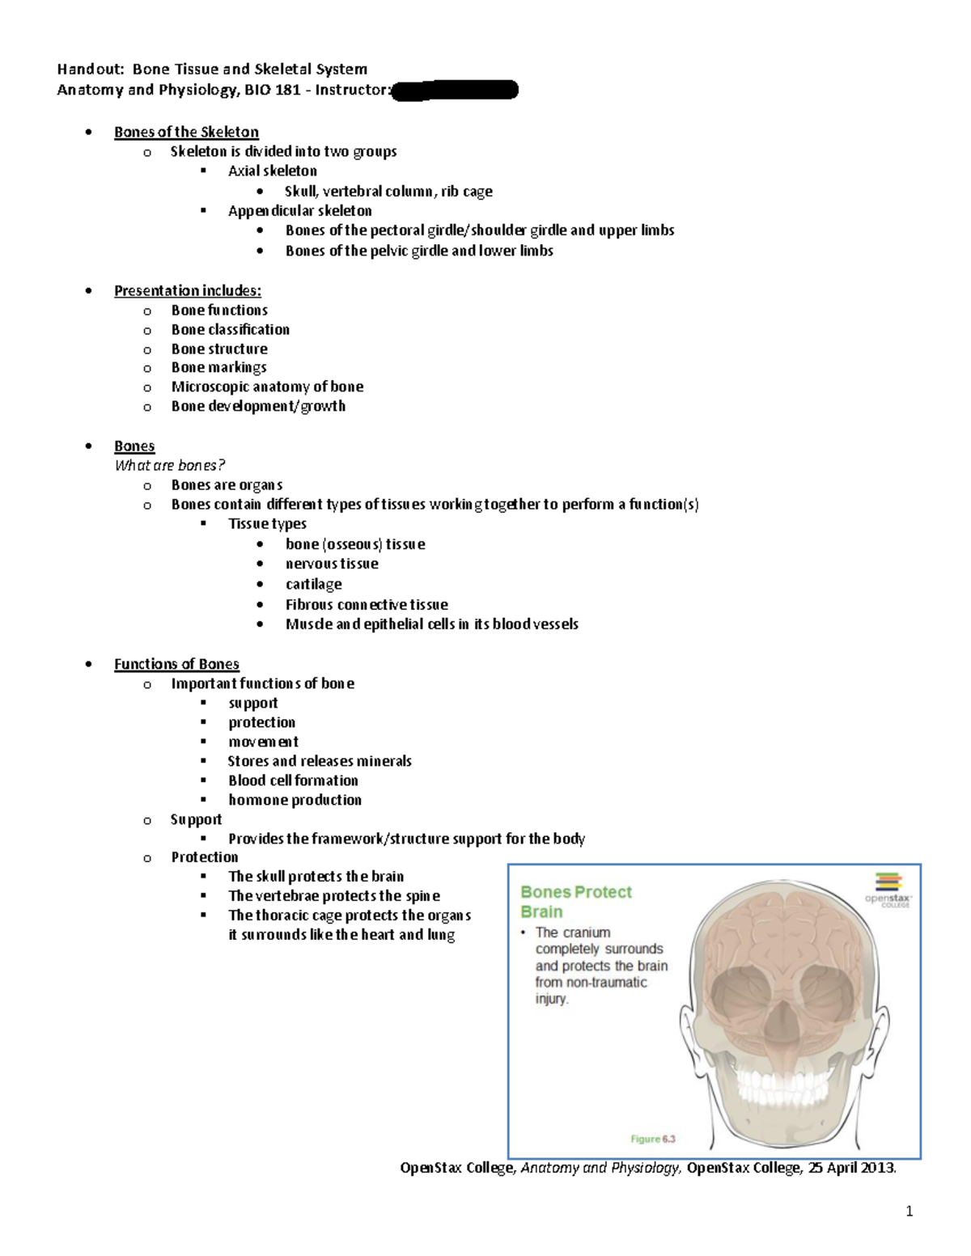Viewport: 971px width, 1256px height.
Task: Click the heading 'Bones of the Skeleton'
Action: [x=186, y=132]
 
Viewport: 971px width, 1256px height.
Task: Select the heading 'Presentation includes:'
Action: [x=187, y=290]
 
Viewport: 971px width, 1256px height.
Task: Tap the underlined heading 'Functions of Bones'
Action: [x=176, y=664]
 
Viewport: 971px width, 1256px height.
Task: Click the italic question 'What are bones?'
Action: [x=169, y=465]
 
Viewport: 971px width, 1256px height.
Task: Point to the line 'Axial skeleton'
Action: [x=272, y=171]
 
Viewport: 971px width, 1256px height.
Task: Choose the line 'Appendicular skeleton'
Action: [x=299, y=210]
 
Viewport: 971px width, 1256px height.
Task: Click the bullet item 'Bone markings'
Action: [x=218, y=367]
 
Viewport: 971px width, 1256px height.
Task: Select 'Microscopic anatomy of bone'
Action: [x=267, y=387]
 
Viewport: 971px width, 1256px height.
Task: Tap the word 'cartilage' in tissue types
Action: [x=313, y=584]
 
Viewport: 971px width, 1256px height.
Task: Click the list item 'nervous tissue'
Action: [x=332, y=564]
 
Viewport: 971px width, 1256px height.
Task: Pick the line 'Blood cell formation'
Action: [x=293, y=780]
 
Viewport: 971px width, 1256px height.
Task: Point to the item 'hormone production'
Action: [x=295, y=800]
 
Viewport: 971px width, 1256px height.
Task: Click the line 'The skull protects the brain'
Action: [x=316, y=876]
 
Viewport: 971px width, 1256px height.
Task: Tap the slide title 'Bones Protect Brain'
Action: [x=575, y=902]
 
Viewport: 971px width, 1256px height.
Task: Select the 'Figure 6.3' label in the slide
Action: [x=652, y=1139]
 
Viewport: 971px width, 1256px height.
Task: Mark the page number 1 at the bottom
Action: [x=909, y=1211]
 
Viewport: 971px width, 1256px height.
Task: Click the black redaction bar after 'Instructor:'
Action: [x=455, y=90]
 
